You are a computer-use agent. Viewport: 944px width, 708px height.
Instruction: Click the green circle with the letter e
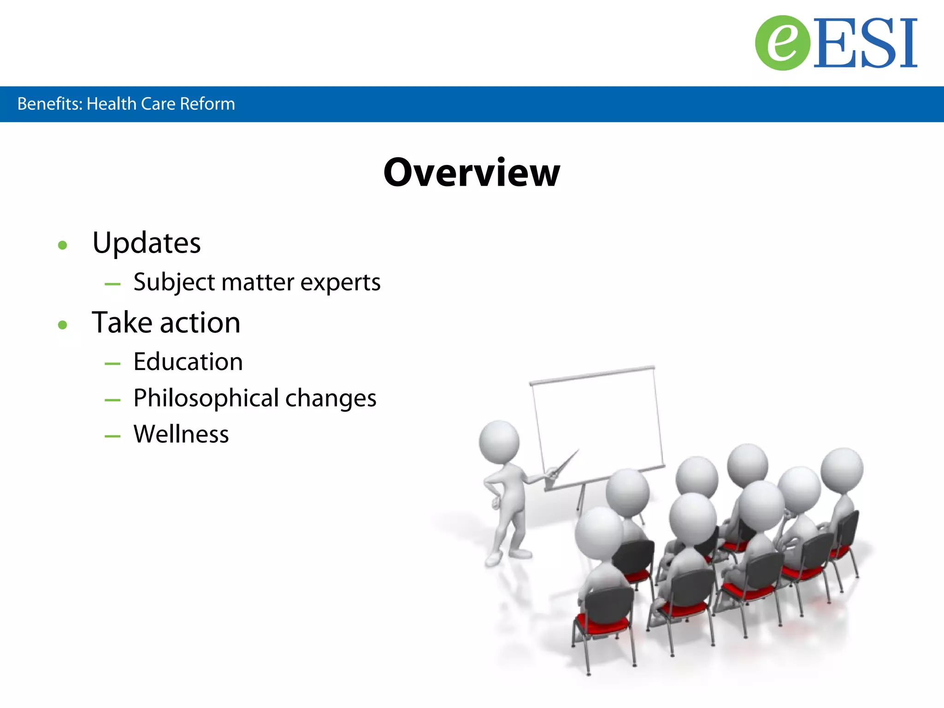pos(782,43)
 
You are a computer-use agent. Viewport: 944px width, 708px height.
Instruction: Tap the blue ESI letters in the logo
pos(866,44)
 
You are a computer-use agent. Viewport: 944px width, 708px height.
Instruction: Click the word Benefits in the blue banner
pos(49,104)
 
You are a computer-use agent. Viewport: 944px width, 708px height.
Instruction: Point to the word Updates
pos(146,243)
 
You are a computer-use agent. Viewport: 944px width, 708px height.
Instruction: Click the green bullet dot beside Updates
pos(63,245)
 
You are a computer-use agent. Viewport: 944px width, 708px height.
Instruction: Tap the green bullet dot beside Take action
pos(63,325)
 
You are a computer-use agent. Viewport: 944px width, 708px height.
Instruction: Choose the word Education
pos(188,362)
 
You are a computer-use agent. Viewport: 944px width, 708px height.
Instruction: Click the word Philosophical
pos(206,398)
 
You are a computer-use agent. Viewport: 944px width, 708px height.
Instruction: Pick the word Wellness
pos(181,434)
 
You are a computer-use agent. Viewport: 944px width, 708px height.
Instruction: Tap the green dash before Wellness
pos(112,436)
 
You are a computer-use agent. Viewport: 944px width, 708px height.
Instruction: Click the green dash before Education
pos(112,364)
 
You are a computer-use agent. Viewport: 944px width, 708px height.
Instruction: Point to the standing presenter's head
pos(499,442)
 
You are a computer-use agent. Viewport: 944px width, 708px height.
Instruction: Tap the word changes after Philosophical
pos(330,398)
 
